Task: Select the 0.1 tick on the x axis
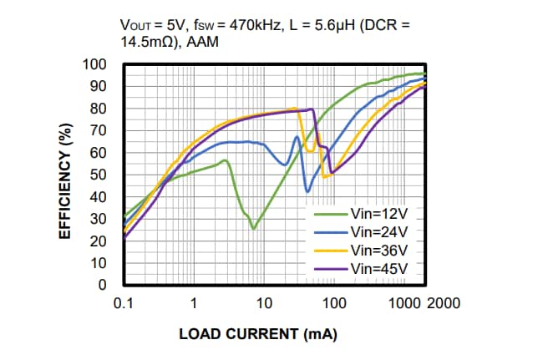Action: point(124,302)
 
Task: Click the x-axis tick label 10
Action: point(264,302)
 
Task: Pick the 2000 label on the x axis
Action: point(443,302)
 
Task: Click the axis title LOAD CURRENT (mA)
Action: point(258,334)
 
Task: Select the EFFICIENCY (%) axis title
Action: point(63,181)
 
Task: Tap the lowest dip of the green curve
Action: point(253,228)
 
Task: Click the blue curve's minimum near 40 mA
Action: point(307,191)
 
